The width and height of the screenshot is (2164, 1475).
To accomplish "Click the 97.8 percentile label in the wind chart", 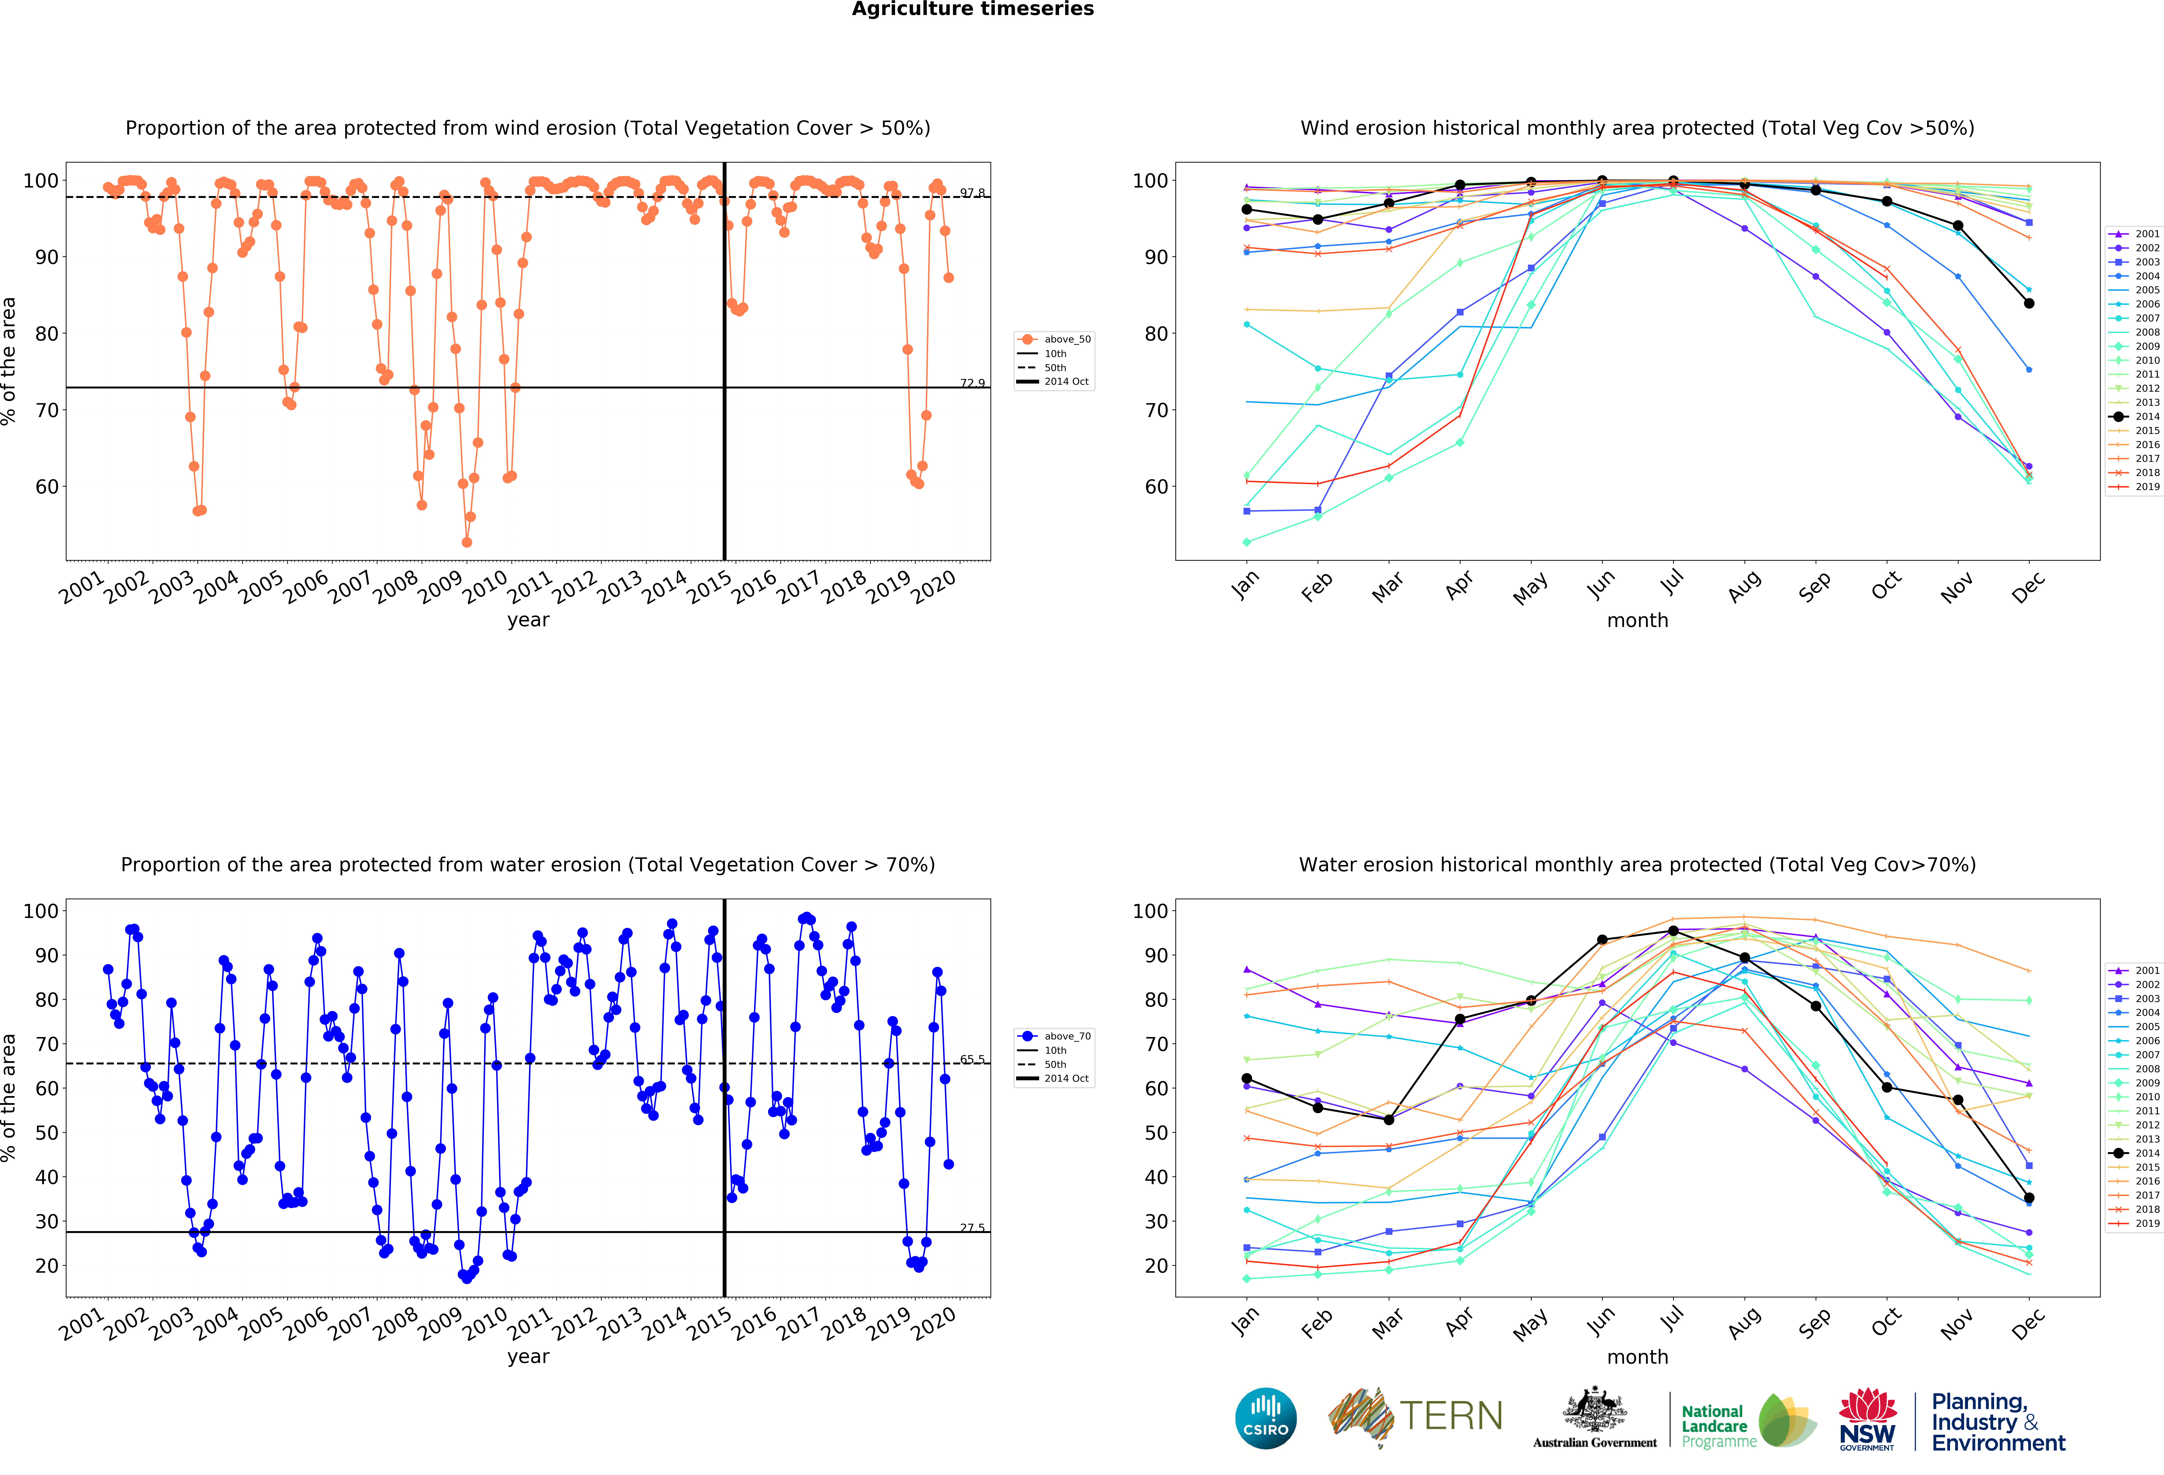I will pyautogui.click(x=972, y=193).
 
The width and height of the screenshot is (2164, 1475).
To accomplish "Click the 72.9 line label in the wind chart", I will pyautogui.click(x=972, y=383).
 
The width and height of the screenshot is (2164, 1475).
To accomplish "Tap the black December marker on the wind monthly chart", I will pyautogui.click(x=2029, y=303).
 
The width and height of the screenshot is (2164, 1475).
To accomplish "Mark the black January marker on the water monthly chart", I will pyautogui.click(x=1247, y=1078).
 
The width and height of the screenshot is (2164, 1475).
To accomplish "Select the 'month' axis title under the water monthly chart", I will pyautogui.click(x=1637, y=1357).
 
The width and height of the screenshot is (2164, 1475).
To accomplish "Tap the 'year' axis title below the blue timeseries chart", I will pyautogui.click(x=528, y=1357).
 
